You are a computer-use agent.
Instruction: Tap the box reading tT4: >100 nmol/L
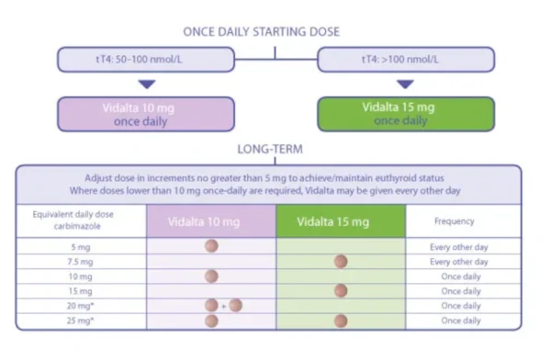(405, 61)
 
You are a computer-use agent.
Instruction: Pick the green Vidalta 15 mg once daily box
(405, 114)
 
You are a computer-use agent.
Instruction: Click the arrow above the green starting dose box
(405, 84)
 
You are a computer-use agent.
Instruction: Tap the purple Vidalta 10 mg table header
(210, 221)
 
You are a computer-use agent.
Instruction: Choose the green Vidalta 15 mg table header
(341, 221)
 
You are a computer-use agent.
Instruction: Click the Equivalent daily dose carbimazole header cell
(81, 221)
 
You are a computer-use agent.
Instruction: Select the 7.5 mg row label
(81, 262)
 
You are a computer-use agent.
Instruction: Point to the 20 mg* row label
(81, 306)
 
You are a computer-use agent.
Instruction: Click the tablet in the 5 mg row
(211, 246)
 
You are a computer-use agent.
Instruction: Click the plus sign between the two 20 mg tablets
(223, 306)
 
